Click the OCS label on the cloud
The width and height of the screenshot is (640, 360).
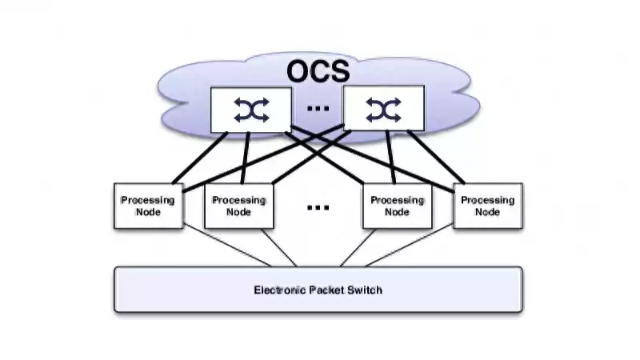pos(318,70)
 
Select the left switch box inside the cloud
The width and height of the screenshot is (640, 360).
pos(251,110)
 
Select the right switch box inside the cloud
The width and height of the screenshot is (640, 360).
pos(384,110)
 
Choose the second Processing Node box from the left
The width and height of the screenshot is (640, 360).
pos(238,206)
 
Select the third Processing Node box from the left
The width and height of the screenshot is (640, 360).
pos(398,206)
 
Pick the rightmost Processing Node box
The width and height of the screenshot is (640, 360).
pos(488,206)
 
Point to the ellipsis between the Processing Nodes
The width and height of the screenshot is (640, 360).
pos(318,207)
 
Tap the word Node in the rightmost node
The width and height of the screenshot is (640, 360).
pos(488,212)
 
